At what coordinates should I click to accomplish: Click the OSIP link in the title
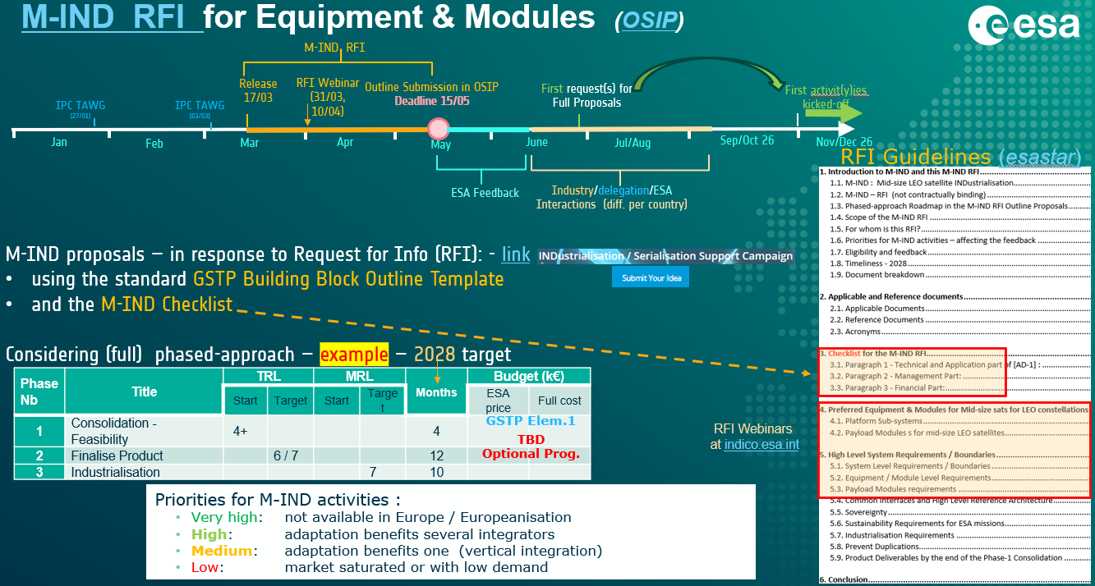tap(649, 21)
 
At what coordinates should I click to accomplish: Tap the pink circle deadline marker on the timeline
tap(439, 128)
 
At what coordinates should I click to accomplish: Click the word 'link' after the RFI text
tap(516, 254)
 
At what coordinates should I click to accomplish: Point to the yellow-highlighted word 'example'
tap(354, 355)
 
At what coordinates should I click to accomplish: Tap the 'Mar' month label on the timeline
tap(250, 143)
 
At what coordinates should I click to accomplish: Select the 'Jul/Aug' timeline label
tap(633, 143)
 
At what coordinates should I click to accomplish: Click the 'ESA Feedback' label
tap(485, 193)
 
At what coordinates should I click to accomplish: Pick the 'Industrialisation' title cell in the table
tap(115, 472)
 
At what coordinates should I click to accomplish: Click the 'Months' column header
tap(436, 392)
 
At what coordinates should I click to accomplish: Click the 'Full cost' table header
tap(559, 401)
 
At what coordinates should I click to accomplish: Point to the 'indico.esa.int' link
tap(761, 444)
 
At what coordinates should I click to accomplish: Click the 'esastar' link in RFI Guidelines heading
tap(1038, 158)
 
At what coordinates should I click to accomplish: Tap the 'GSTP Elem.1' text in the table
tap(530, 420)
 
